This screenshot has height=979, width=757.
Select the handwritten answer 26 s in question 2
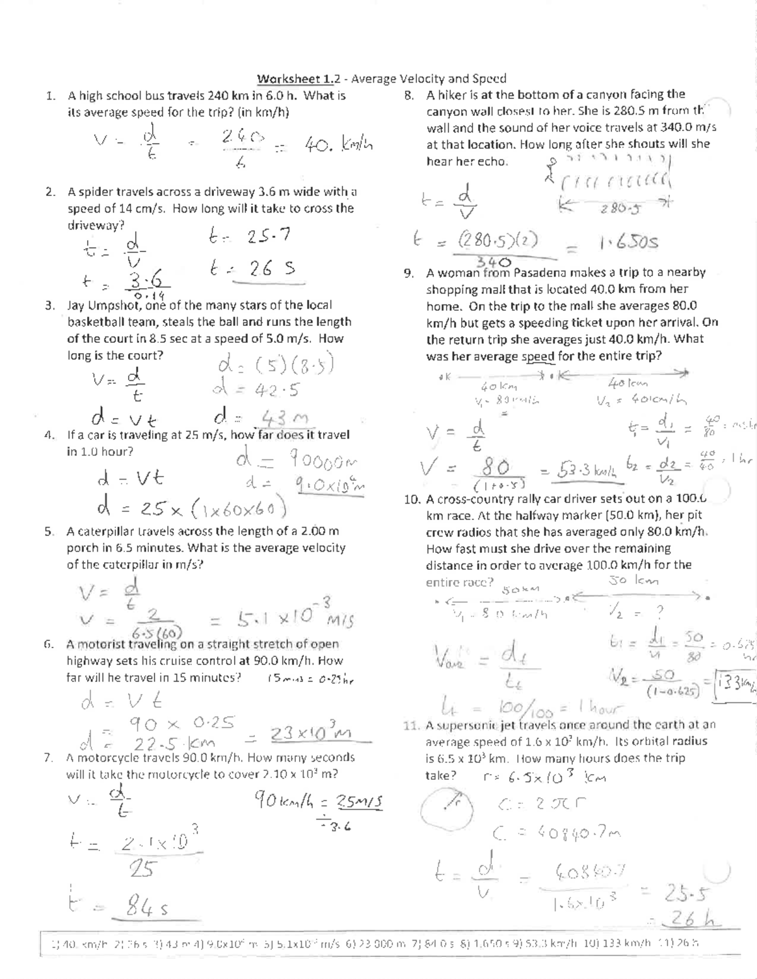253,270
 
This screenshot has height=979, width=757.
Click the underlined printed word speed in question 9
538,356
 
